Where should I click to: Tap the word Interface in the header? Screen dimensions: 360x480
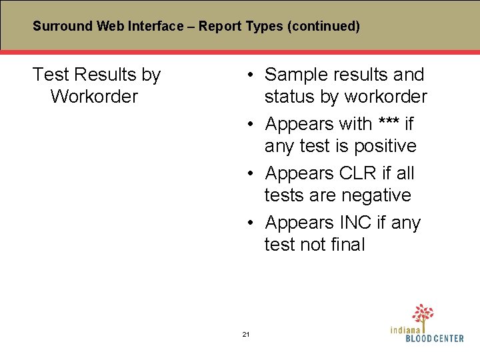pos(157,27)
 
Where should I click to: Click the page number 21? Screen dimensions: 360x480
pos(245,334)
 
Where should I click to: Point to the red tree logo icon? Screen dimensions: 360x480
pos(422,314)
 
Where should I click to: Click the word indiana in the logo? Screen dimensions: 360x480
pos(406,329)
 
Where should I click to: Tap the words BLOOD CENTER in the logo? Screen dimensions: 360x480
pos(435,339)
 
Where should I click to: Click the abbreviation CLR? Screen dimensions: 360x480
pos(357,173)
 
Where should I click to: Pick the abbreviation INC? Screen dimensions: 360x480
pos(355,223)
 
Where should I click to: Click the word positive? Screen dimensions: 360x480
pos(385,146)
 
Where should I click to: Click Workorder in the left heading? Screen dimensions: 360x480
pos(93,97)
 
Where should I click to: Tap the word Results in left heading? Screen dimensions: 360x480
pos(103,75)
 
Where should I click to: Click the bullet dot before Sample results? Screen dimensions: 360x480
pos(248,75)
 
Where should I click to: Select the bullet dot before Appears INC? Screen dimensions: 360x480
pos(248,223)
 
